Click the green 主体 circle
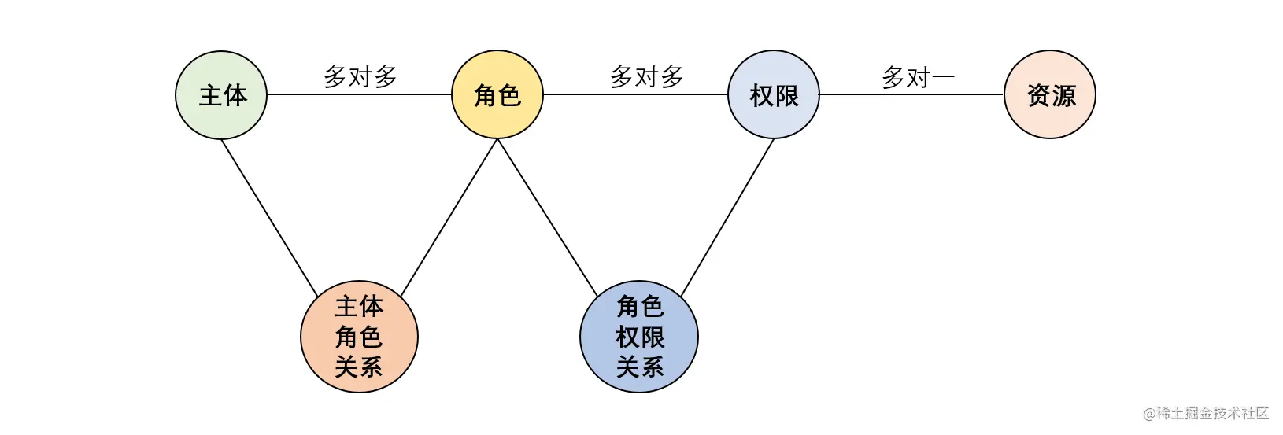[x=221, y=95]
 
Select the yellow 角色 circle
[x=497, y=94]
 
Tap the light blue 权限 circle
[x=774, y=94]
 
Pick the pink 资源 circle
[x=1050, y=94]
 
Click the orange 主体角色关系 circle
[x=359, y=337]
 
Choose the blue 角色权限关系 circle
[x=639, y=337]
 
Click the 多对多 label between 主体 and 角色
[x=360, y=76]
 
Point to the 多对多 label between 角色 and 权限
[x=647, y=76]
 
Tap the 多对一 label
[x=918, y=77]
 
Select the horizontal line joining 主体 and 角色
[x=359, y=94]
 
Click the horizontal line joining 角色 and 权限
[x=635, y=94]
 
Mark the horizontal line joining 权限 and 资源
[x=911, y=94]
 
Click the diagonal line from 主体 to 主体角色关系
[x=270, y=218]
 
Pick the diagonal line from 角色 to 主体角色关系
[x=449, y=217]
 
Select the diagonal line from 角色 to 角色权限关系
[x=548, y=217]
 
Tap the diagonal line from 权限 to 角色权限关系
[x=727, y=217]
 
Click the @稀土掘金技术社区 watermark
[x=1206, y=413]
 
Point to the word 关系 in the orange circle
[x=359, y=367]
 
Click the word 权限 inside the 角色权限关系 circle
[x=640, y=337]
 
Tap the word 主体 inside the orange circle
[x=359, y=307]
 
